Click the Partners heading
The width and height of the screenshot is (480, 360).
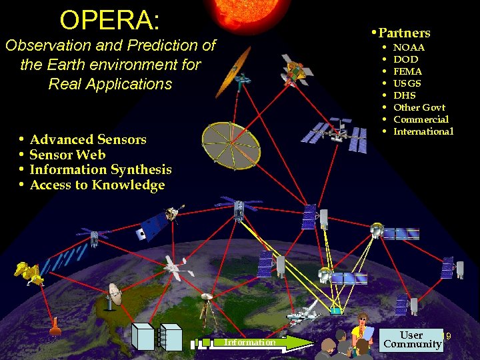click(404, 33)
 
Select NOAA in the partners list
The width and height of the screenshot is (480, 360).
click(409, 47)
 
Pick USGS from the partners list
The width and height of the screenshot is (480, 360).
click(407, 83)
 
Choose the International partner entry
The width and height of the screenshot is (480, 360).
click(423, 131)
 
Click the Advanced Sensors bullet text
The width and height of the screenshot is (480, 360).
click(88, 139)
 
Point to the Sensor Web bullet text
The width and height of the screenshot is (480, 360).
click(67, 155)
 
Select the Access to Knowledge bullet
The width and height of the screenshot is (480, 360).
click(97, 185)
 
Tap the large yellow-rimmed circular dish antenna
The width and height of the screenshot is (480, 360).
click(231, 144)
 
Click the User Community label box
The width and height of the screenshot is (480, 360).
click(412, 340)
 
